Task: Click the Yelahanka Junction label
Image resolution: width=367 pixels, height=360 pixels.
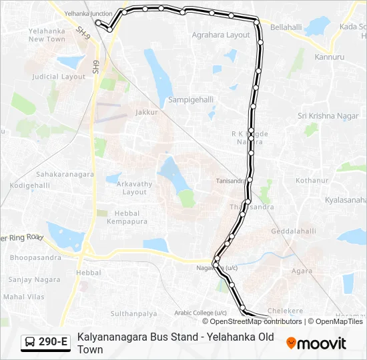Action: pos(88,13)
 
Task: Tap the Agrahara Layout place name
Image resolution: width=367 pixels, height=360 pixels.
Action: pos(220,35)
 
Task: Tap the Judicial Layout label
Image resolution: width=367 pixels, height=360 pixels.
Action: pos(59,77)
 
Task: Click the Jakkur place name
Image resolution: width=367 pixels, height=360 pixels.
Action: pos(146,112)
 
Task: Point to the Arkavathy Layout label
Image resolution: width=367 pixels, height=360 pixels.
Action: pos(134,188)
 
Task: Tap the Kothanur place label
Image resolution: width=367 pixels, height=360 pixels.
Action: pos(312,180)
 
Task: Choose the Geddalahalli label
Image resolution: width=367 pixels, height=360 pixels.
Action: pos(294,231)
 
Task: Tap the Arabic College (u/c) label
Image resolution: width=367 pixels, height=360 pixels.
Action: pos(201,313)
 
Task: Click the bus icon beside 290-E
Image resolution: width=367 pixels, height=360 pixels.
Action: pos(30,343)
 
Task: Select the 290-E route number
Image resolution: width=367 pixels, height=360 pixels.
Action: pos(53,343)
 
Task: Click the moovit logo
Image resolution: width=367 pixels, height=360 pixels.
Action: pos(316,343)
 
